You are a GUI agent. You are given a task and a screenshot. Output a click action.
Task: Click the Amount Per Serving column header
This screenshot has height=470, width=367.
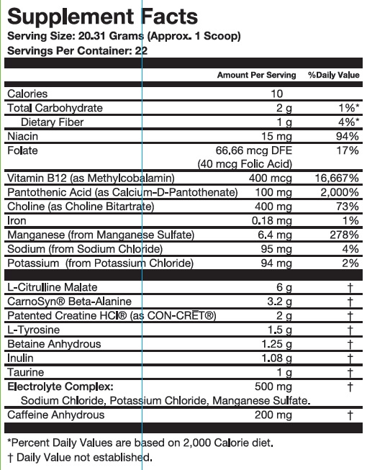tap(256, 75)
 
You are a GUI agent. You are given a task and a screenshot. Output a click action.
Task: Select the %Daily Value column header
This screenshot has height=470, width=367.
tap(333, 75)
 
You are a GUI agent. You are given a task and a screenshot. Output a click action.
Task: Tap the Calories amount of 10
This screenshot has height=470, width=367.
tap(277, 94)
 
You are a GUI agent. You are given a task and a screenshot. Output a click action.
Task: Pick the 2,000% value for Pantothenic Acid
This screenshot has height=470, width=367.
tap(340, 193)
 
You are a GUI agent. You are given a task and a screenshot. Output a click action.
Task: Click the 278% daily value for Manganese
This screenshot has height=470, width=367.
tap(343, 235)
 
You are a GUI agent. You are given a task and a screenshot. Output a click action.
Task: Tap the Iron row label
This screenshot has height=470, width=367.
tap(17, 221)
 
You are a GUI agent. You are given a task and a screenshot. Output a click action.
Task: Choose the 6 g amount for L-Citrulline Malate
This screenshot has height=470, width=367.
tap(286, 287)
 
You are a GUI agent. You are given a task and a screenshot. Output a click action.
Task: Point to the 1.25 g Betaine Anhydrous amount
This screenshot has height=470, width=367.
tap(276, 344)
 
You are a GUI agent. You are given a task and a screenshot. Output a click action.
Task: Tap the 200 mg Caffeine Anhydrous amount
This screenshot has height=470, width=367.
tap(274, 415)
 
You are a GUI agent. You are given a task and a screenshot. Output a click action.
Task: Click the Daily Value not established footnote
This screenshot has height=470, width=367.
tap(79, 457)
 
